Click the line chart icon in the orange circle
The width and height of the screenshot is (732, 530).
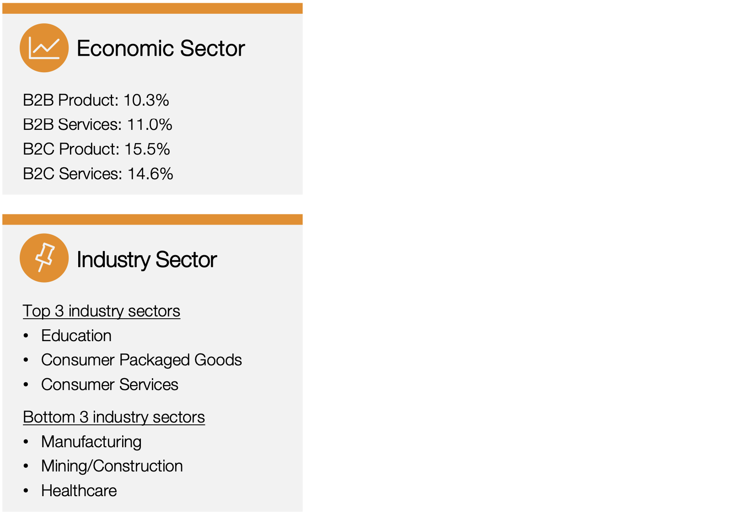click(44, 48)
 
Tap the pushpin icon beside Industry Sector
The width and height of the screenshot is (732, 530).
click(44, 258)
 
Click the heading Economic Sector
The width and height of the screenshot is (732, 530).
click(161, 48)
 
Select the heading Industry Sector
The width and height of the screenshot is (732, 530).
click(146, 260)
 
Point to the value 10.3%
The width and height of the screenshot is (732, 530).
click(146, 100)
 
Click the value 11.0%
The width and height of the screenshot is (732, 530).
click(150, 124)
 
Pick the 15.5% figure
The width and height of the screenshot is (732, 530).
click(147, 149)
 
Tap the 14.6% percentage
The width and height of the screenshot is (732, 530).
click(151, 174)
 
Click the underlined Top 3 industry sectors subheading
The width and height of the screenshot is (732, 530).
click(102, 311)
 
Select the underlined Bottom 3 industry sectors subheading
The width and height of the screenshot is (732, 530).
click(114, 417)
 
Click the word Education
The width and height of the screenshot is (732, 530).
click(76, 336)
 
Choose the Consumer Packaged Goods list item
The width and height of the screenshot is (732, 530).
click(141, 360)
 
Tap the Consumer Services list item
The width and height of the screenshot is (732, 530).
click(110, 385)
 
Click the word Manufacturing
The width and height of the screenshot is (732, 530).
click(91, 442)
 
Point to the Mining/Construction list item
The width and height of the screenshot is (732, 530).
click(112, 466)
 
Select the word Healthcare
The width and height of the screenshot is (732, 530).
click(79, 491)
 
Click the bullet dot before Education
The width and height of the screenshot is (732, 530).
click(26, 336)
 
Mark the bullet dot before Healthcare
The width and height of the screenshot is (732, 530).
click(26, 491)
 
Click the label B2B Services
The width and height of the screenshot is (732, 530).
click(71, 124)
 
